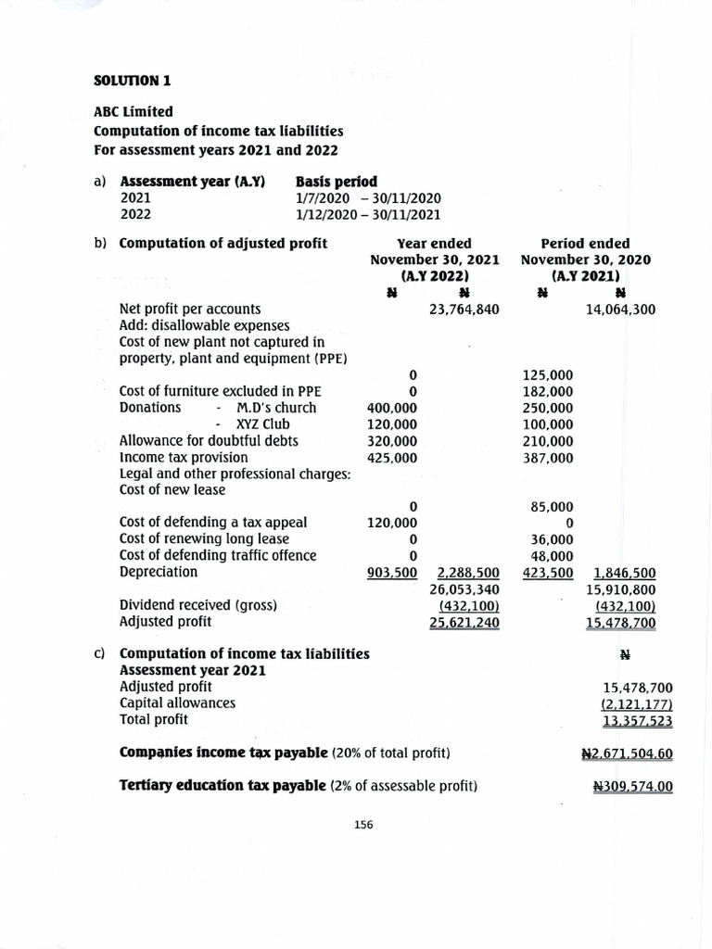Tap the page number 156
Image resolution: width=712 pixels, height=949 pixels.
(x=362, y=825)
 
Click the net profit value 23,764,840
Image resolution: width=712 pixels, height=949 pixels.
(x=464, y=309)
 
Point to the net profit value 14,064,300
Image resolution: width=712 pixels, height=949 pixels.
(x=620, y=309)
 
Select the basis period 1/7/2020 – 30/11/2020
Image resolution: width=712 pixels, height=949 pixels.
(x=368, y=197)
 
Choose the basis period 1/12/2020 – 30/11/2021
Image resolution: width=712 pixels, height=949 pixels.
(x=368, y=214)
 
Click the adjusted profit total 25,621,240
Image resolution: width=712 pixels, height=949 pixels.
(x=464, y=622)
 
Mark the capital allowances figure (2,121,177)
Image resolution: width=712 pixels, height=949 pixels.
(x=637, y=703)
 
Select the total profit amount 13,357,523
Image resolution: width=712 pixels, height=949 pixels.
(x=637, y=720)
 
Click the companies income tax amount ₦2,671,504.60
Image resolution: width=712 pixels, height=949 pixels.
(x=633, y=753)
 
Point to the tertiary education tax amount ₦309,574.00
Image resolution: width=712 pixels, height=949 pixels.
(x=633, y=787)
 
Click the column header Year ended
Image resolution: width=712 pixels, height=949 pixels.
(x=434, y=243)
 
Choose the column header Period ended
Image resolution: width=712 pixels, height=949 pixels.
(x=585, y=243)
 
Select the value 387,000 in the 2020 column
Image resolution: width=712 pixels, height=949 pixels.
(x=548, y=458)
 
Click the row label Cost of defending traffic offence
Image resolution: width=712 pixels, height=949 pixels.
(x=218, y=555)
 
